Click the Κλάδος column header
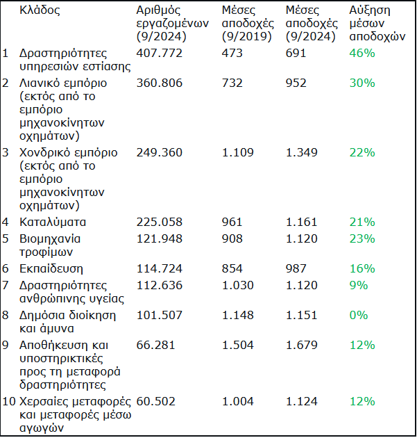[40, 10]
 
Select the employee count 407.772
[159, 53]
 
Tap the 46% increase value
[362, 53]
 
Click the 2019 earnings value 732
[232, 83]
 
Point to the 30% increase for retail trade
[362, 83]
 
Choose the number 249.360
[159, 152]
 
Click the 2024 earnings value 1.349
[302, 152]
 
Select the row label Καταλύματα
[53, 222]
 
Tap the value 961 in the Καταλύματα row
[232, 222]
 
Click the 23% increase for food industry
[362, 239]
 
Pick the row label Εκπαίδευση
[51, 269]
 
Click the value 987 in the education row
[296, 269]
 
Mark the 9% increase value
[359, 286]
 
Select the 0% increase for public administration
[359, 316]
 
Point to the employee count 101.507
[159, 316]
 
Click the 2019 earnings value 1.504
[238, 346]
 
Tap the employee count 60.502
[156, 402]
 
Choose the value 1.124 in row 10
[302, 402]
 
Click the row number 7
[6, 286]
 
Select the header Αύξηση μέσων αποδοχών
[377, 24]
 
